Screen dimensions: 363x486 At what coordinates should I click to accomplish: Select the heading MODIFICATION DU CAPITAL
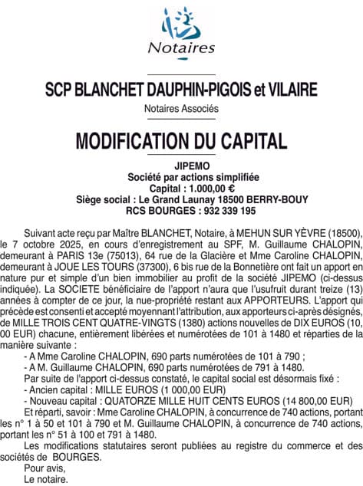pos(181,141)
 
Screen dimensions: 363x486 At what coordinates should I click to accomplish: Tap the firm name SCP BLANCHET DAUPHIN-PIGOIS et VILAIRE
pos(181,90)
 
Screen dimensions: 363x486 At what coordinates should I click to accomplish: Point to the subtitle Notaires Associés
pos(181,109)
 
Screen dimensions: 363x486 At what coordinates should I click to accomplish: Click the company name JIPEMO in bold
pos(181,166)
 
